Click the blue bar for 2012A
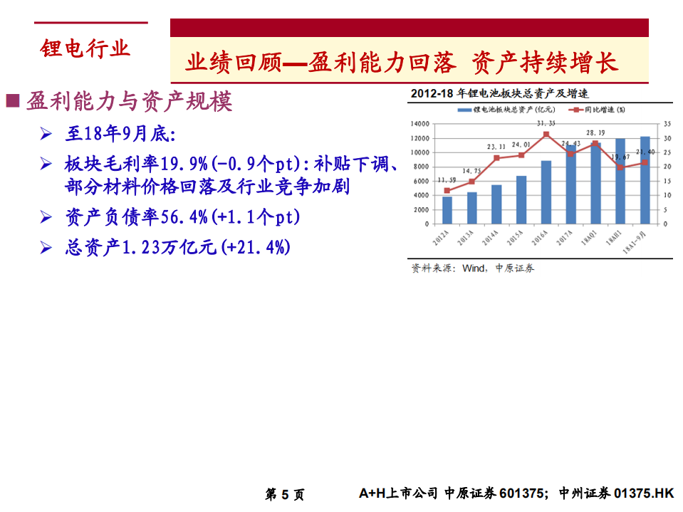tap(447, 210)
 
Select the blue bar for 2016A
tap(546, 192)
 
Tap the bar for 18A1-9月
tap(645, 179)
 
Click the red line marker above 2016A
tap(546, 135)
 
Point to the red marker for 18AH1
tap(620, 167)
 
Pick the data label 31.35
tap(546, 123)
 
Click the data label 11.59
tap(447, 179)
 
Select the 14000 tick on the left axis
tap(421, 124)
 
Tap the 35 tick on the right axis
tap(666, 124)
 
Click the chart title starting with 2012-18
tap(499, 93)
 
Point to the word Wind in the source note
tap(473, 268)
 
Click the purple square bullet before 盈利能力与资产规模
tap(13, 100)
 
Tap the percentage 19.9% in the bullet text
tap(184, 164)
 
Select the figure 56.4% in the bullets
tap(183, 216)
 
